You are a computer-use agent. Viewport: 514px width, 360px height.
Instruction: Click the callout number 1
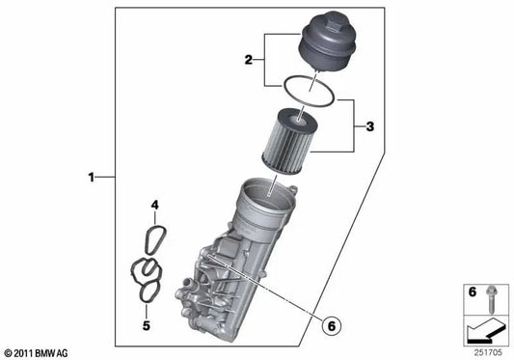point(91,178)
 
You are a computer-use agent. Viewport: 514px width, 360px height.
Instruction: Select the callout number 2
point(249,60)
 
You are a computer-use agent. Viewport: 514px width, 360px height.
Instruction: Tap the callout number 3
point(369,126)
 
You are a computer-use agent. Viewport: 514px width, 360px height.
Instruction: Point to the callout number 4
point(154,206)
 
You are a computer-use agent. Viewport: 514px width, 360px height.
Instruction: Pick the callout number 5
point(147,325)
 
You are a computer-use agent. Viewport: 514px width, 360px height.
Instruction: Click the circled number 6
point(332,326)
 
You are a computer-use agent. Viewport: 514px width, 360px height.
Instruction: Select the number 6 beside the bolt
point(472,291)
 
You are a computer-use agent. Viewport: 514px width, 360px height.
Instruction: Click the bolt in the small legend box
point(491,299)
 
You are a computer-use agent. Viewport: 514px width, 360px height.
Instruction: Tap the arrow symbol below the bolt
point(485,331)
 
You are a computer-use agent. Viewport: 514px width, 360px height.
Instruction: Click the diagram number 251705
point(488,353)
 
